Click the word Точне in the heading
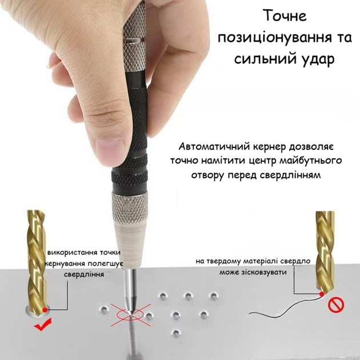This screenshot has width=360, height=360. coord(285,15)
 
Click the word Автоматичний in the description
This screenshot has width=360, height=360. coord(214,146)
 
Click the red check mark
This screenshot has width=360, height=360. coord(42,325)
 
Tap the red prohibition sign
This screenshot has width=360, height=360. coord(336,305)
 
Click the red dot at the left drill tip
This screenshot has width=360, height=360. coord(45,310)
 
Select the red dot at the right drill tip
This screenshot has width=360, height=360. coord(322,294)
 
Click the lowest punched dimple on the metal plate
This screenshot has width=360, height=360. coord(176,333)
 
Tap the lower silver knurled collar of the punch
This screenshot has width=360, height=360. coord(130,209)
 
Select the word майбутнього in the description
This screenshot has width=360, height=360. coord(310,161)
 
